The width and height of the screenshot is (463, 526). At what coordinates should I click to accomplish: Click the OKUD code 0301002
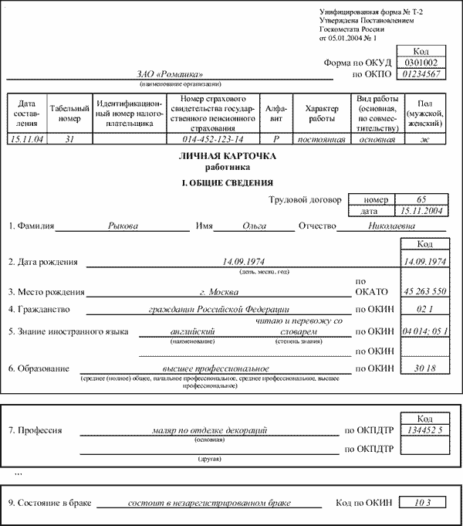click(x=421, y=62)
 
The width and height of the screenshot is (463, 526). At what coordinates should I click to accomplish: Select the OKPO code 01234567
click(x=421, y=74)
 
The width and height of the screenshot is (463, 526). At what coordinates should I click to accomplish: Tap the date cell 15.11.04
click(x=28, y=139)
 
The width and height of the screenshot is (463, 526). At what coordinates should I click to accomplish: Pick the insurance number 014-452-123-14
click(x=213, y=139)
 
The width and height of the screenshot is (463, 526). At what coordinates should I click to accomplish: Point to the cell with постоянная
click(x=322, y=139)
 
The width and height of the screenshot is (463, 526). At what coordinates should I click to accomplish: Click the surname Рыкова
click(x=123, y=226)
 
